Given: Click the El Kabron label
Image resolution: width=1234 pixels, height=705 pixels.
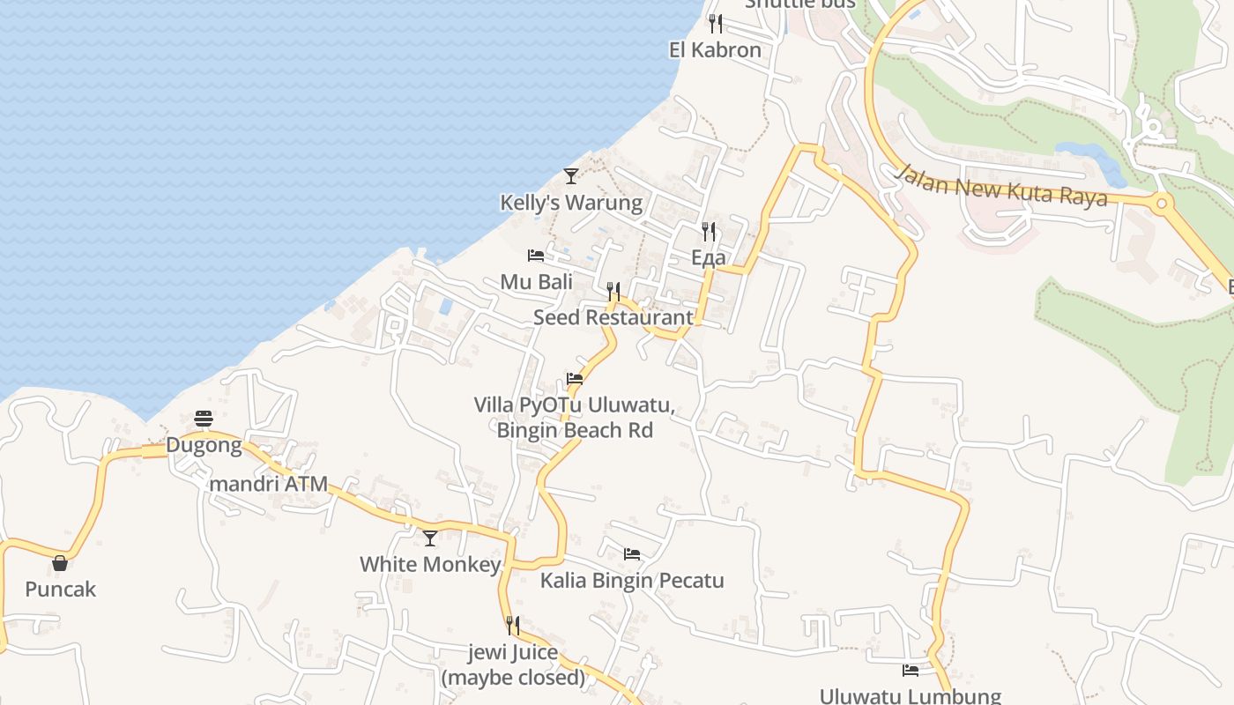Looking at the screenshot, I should (x=715, y=50).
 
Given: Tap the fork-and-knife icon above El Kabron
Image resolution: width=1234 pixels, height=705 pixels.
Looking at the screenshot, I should (x=716, y=24).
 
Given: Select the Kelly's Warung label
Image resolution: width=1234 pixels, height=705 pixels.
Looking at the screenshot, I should (x=571, y=203).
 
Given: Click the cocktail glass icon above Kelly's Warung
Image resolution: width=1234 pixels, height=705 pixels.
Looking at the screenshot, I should (x=571, y=176).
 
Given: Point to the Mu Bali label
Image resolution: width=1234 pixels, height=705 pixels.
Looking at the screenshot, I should (x=536, y=282).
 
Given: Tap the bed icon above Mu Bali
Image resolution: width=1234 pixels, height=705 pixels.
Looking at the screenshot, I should (x=536, y=256).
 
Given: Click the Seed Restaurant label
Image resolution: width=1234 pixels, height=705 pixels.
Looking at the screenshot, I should (x=613, y=317).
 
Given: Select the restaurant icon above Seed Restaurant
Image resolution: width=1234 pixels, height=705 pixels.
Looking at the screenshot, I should (x=614, y=291).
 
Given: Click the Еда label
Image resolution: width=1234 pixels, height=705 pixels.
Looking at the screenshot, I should (x=709, y=257).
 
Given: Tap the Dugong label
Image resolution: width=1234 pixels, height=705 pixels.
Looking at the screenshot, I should (x=204, y=445).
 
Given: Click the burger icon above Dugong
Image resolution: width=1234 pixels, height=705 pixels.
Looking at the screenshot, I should (x=204, y=419).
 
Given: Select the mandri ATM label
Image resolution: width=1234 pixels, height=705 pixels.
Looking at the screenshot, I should (x=268, y=484).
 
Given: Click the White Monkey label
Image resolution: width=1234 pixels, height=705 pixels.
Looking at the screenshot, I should (x=430, y=564).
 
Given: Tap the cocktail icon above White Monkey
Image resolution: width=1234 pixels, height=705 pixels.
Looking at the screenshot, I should (x=430, y=538).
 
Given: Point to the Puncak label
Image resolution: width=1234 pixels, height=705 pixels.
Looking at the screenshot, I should (x=60, y=590).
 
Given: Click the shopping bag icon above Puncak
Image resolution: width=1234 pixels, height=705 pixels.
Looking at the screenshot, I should (x=60, y=563).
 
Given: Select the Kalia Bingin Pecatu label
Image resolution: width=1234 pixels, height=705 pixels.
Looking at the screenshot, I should (x=632, y=581).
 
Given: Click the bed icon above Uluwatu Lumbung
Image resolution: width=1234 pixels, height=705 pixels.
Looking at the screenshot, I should (x=911, y=671).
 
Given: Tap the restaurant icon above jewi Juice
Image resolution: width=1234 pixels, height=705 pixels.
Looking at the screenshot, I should (x=513, y=626).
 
